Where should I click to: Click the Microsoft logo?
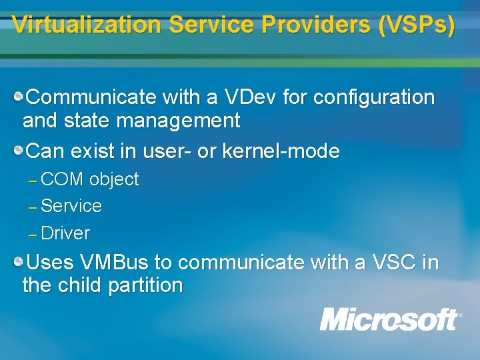tap(390, 319)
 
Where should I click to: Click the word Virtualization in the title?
tap(87, 25)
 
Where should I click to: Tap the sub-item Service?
tap(71, 206)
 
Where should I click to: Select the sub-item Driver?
tap(65, 233)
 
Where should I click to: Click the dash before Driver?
tap(33, 235)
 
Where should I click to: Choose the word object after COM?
tap(114, 179)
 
